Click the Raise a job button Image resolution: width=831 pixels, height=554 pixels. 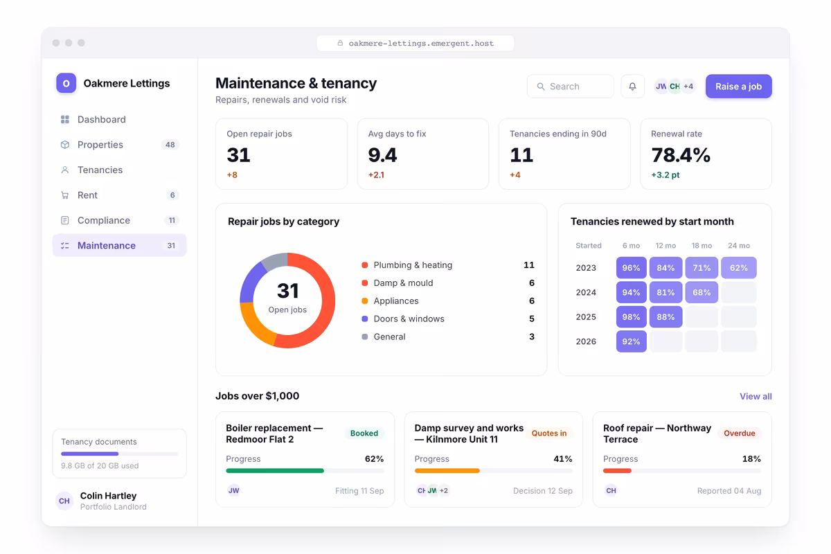point(738,87)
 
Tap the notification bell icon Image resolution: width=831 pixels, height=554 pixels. point(632,87)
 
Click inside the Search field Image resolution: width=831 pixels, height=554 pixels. point(570,87)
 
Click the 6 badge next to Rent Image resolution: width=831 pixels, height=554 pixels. point(172,195)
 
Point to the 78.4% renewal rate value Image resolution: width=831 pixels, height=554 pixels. point(681,155)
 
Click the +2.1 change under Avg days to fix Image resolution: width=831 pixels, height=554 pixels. point(376,175)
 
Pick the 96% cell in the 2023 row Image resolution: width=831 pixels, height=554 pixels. point(631,267)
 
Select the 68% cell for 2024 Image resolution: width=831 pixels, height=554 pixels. point(701,292)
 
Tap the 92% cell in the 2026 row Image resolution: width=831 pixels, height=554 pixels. point(631,341)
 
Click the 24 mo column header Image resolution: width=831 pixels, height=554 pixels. point(738,246)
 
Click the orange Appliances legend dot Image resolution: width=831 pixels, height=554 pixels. point(365,301)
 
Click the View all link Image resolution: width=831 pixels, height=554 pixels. point(756,396)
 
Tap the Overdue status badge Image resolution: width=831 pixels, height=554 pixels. point(739,433)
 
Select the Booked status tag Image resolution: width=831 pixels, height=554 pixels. point(364,433)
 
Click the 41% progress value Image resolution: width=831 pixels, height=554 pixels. point(562,459)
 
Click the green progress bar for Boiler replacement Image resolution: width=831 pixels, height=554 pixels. point(275,471)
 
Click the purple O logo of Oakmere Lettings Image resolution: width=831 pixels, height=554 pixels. point(66,83)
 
